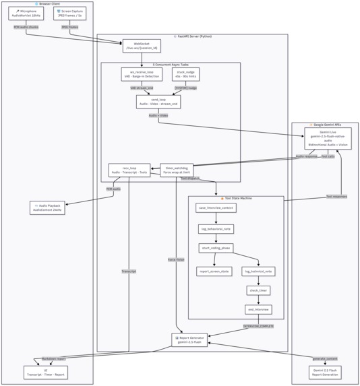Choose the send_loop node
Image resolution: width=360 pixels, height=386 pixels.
coord(158,102)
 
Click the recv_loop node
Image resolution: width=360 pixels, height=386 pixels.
coord(129,170)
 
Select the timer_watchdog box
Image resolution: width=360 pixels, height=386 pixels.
coord(177,170)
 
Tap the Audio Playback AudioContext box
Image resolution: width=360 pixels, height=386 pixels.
coord(47,207)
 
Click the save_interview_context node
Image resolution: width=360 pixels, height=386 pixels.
coord(216,208)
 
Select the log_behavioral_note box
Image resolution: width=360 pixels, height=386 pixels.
coord(216,229)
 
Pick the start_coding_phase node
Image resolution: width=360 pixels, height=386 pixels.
coord(216,249)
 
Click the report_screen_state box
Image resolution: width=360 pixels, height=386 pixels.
coord(214,271)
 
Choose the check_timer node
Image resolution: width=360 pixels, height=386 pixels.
coord(258,290)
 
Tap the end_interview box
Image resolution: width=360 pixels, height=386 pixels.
coord(258,309)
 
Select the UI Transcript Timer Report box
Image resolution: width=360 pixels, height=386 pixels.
coord(46,372)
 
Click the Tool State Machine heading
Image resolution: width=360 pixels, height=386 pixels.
coord(235,199)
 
